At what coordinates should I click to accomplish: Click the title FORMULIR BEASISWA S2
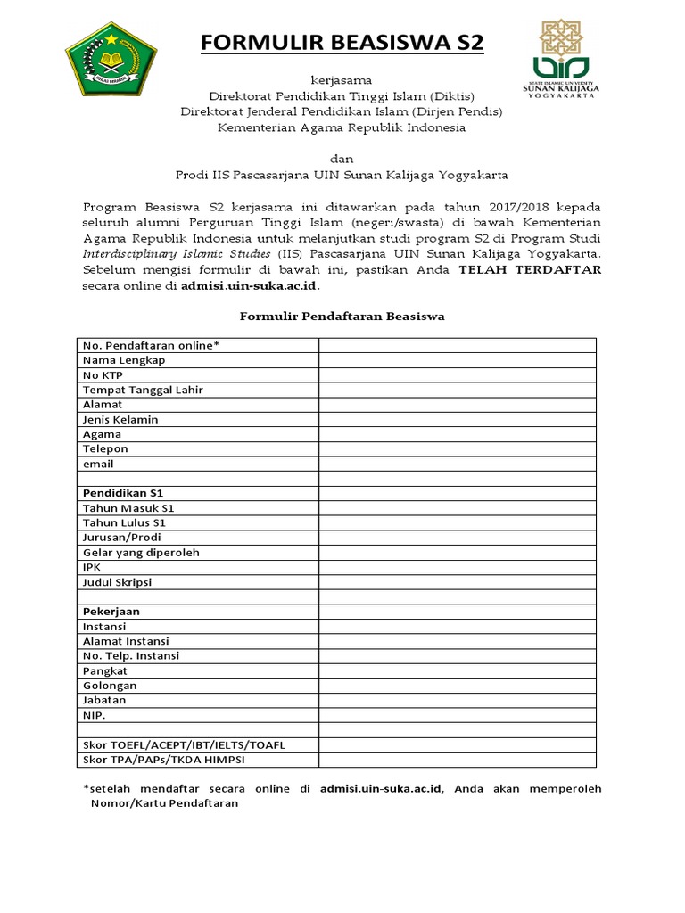point(342,43)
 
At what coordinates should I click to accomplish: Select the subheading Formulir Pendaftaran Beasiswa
point(342,316)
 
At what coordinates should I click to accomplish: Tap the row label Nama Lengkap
point(124,360)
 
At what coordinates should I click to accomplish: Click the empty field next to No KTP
point(458,375)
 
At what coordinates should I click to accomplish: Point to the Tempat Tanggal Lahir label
point(143,390)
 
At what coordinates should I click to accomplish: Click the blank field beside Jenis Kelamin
point(458,419)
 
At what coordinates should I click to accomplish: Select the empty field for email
point(458,464)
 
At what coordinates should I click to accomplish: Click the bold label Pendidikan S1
point(123,493)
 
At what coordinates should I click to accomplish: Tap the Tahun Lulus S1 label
point(124,522)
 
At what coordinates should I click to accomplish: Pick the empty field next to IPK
point(458,567)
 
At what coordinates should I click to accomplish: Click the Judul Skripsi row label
point(117,582)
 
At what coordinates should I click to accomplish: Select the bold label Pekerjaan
point(111,612)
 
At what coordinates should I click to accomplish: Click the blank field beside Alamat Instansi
point(458,641)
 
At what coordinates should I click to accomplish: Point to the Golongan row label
point(110,686)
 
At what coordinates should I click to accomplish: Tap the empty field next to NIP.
point(458,715)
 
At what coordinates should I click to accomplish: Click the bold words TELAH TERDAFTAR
point(530,268)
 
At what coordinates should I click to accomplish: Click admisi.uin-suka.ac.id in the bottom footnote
point(386,789)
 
